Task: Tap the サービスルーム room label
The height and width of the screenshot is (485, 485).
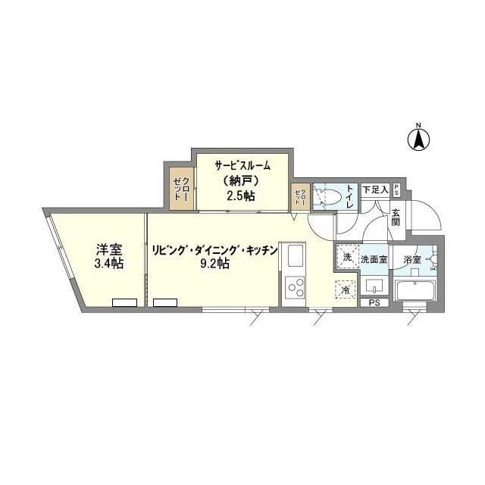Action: (x=242, y=165)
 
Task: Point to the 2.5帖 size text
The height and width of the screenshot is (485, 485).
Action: (x=242, y=196)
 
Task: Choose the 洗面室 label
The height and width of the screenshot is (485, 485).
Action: (x=374, y=260)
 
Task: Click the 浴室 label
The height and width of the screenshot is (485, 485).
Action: (x=412, y=260)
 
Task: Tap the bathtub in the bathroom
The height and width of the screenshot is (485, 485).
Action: (x=414, y=290)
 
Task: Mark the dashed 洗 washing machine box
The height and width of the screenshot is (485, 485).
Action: (x=346, y=257)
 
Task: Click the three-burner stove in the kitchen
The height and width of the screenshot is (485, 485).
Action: (x=294, y=289)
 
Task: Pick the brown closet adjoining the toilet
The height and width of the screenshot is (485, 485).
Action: (x=300, y=196)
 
